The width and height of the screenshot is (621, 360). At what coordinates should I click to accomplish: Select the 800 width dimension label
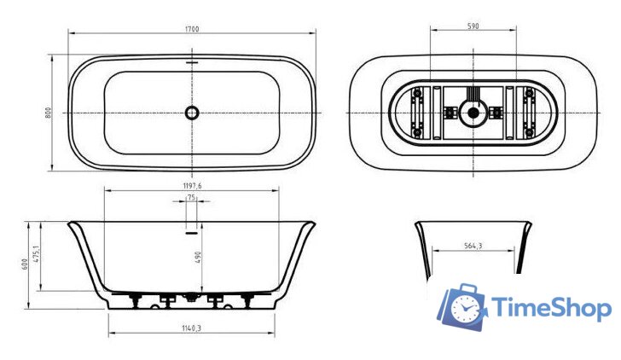[x=49, y=112]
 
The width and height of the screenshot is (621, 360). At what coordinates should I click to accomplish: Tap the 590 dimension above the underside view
[x=473, y=26]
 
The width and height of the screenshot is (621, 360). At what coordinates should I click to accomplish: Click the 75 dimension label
[x=191, y=198]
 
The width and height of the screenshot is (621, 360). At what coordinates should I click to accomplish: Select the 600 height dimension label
[x=26, y=265]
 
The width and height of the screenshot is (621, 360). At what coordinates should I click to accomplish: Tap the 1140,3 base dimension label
[x=191, y=328]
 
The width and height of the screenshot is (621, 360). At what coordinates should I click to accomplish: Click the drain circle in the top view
[x=192, y=112]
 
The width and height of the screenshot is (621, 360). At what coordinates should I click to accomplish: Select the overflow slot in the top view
[x=192, y=63]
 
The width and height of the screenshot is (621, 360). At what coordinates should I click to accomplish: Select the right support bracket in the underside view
[x=526, y=112]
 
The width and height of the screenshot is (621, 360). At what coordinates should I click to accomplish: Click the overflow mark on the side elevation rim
[x=192, y=228]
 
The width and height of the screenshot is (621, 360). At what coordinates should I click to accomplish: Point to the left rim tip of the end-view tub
[x=417, y=224]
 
